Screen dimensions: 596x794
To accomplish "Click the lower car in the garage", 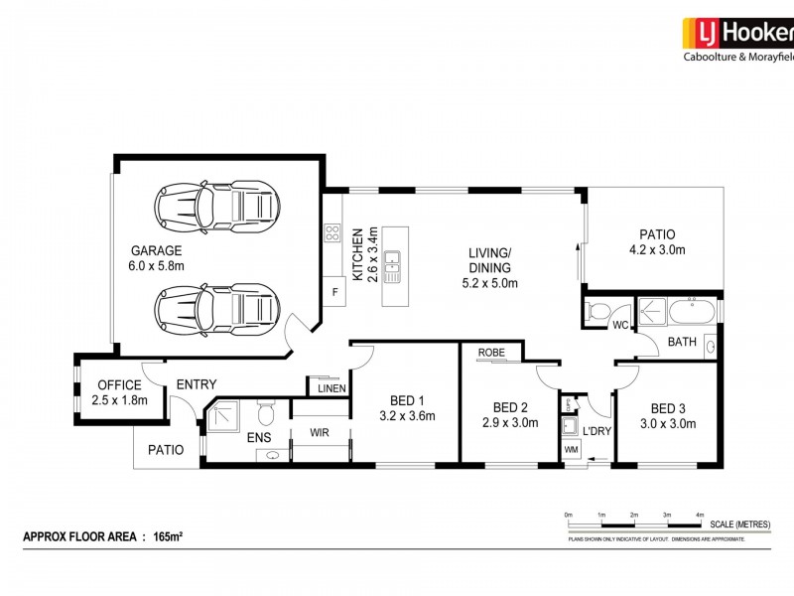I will tap(213, 306).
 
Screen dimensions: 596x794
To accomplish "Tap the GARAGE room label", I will tap(156, 250).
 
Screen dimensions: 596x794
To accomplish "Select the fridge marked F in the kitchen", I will tap(334, 293).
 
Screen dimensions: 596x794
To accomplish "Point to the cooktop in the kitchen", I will tap(331, 235).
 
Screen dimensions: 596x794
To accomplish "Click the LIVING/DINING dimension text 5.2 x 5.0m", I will tap(490, 283).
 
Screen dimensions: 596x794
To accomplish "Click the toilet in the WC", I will tap(598, 312).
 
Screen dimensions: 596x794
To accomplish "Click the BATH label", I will tap(682, 343).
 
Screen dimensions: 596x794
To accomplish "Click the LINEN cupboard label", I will tap(331, 388).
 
